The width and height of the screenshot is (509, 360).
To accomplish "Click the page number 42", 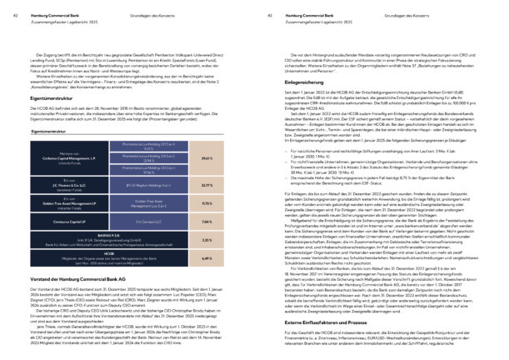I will point(6,6).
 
